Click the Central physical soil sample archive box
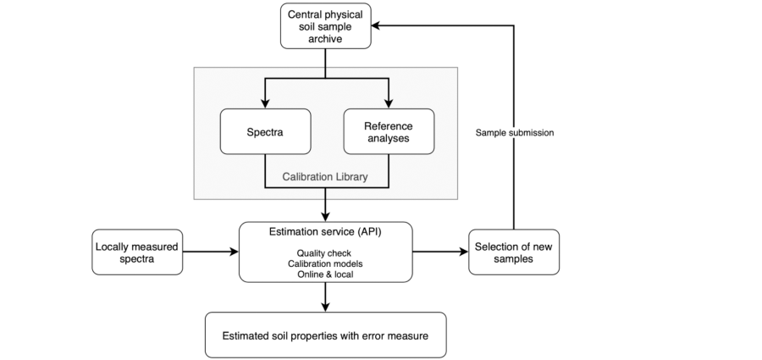pyautogui.click(x=326, y=26)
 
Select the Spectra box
pyautogui.click(x=265, y=132)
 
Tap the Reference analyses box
pyautogui.click(x=389, y=132)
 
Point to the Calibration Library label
pyautogui.click(x=325, y=176)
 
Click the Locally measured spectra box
pyautogui.click(x=137, y=252)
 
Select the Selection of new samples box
pyautogui.click(x=514, y=252)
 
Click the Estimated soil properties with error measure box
pyautogui.click(x=326, y=335)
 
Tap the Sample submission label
pyautogui.click(x=515, y=132)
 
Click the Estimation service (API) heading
pyautogui.click(x=326, y=231)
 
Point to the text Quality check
pyautogui.click(x=324, y=253)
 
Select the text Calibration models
pyautogui.click(x=325, y=263)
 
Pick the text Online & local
pyautogui.click(x=325, y=274)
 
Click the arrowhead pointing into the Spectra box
pyautogui.click(x=265, y=103)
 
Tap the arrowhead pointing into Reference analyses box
pyautogui.click(x=389, y=103)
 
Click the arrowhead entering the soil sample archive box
pyautogui.click(x=376, y=25)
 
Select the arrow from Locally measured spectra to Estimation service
pyautogui.click(x=211, y=252)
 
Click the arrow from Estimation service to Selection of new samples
pyautogui.click(x=440, y=252)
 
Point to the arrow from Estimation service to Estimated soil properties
pyautogui.click(x=326, y=296)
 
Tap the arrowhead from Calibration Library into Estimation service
pyautogui.click(x=326, y=217)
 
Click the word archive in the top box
pyautogui.click(x=325, y=39)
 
